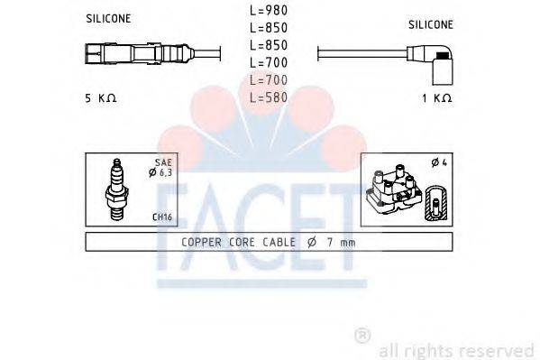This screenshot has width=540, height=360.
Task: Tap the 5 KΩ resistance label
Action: click(100, 97)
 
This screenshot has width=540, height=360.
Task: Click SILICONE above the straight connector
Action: click(110, 18)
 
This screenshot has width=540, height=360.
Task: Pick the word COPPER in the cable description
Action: click(201, 242)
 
